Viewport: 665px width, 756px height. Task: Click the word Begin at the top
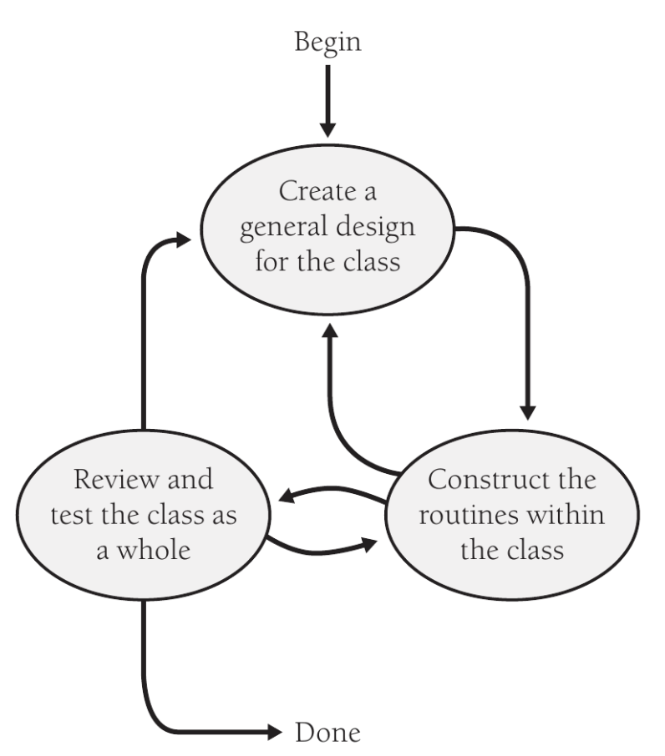(327, 42)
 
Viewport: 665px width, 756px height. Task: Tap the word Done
(328, 733)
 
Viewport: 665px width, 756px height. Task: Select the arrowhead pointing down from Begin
(327, 128)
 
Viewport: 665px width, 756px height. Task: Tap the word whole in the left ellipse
(157, 551)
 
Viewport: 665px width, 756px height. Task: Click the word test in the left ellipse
(68, 517)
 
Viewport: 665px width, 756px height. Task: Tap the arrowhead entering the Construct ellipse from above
(526, 411)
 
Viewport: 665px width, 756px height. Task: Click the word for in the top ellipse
(292, 263)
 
